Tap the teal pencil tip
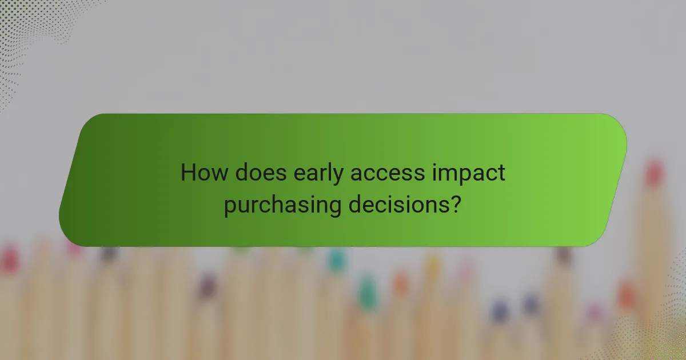pos(337,260)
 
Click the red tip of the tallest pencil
pos(653,173)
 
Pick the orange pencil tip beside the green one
pos(401,283)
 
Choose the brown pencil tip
pos(564,254)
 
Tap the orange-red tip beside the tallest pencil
pos(627,295)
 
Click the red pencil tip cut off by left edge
pos(8,260)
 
